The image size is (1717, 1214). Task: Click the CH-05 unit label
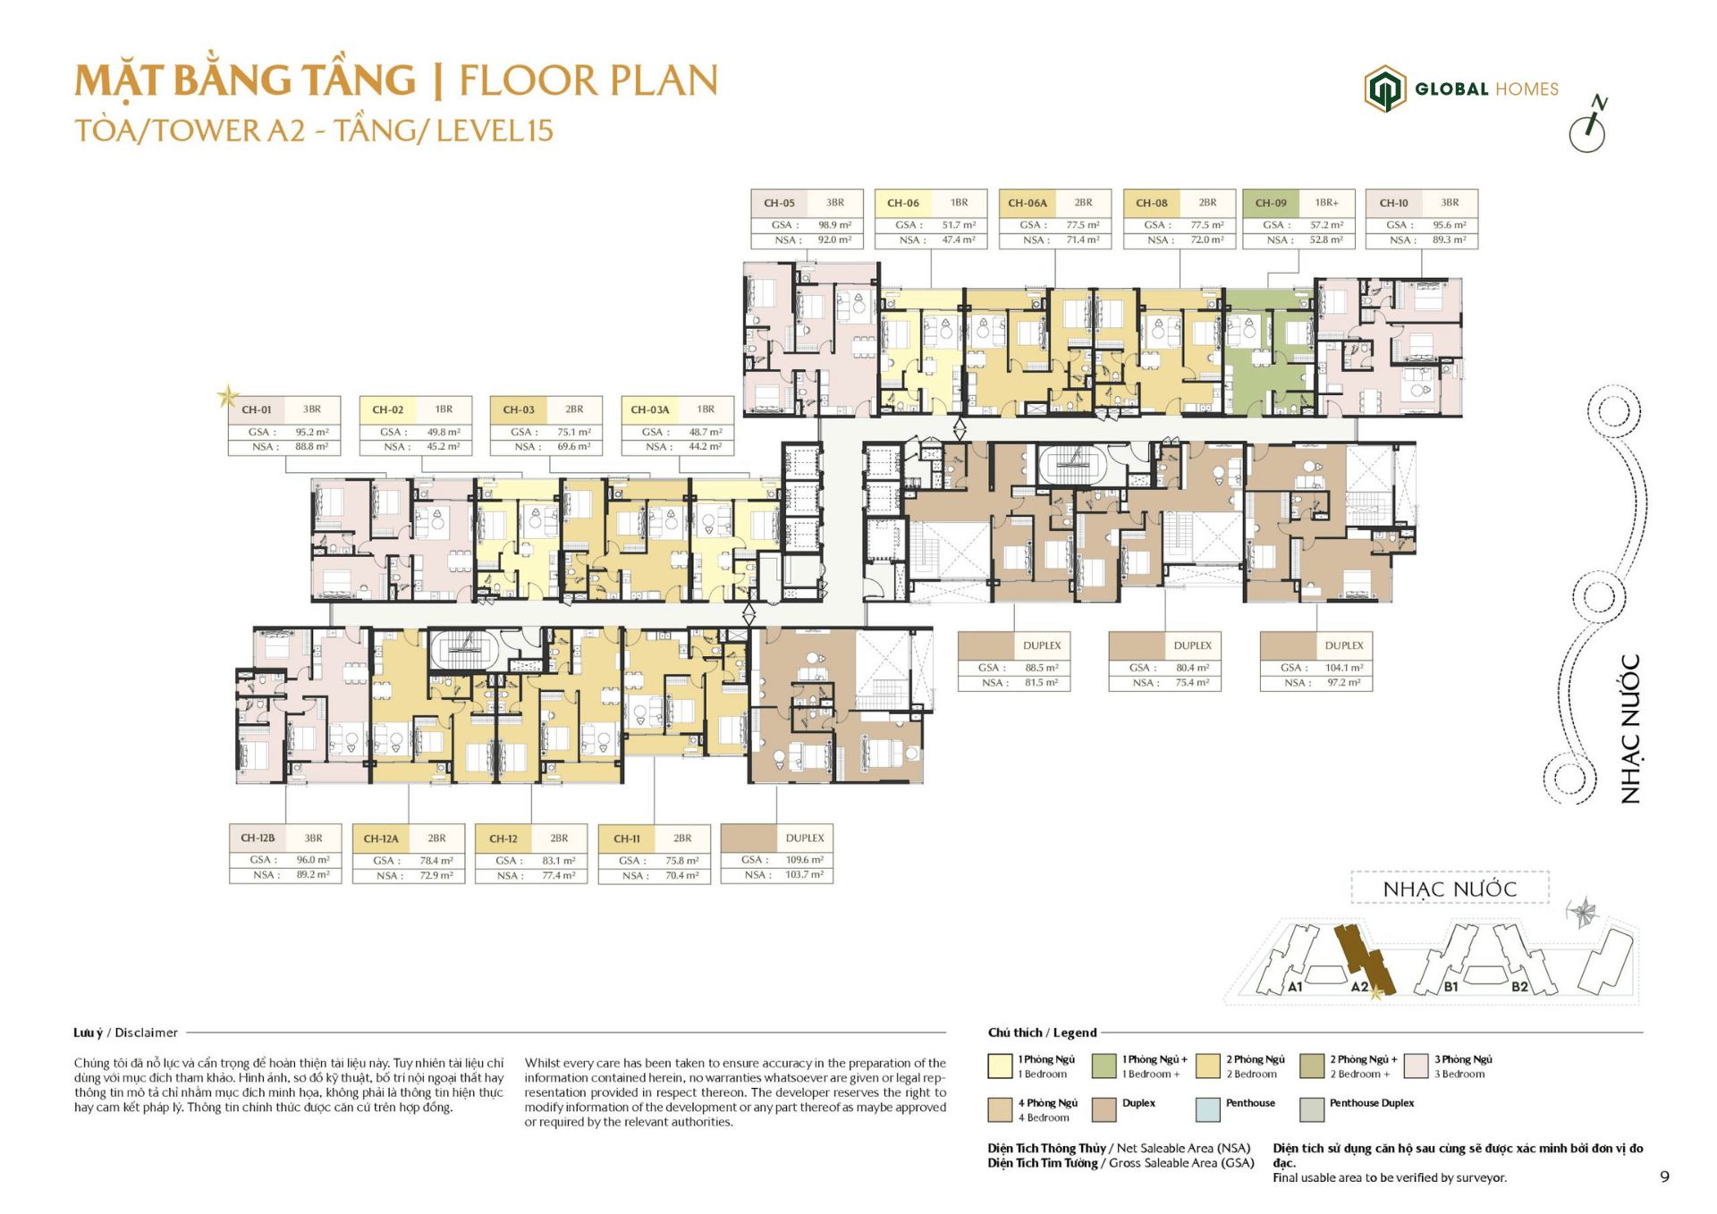[x=778, y=203]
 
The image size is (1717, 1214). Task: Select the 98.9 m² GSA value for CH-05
[x=834, y=225]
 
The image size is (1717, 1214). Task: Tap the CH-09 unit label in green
[x=1270, y=203]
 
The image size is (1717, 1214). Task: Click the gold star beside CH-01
[x=228, y=396]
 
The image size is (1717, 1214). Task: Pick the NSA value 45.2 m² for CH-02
[x=443, y=447]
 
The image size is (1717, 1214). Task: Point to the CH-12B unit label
[x=258, y=839]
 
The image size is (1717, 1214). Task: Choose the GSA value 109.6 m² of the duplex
[x=804, y=860]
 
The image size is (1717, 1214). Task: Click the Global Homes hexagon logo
[x=1384, y=89]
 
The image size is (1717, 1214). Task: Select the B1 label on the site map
[x=1451, y=987]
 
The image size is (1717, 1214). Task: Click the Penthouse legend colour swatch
[x=1207, y=1109]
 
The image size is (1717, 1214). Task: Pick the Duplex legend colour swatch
[x=1104, y=1109]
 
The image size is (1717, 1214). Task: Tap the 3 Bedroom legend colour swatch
[x=1416, y=1066]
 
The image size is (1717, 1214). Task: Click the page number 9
[x=1664, y=1176]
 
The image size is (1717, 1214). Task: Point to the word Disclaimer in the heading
[x=146, y=1033]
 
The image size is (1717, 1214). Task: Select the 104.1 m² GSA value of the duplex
[x=1344, y=668]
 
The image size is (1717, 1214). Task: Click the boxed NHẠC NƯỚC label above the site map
[x=1450, y=889]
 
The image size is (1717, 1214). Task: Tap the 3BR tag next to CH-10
[x=1450, y=203]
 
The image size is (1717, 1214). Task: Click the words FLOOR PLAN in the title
[x=588, y=80]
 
